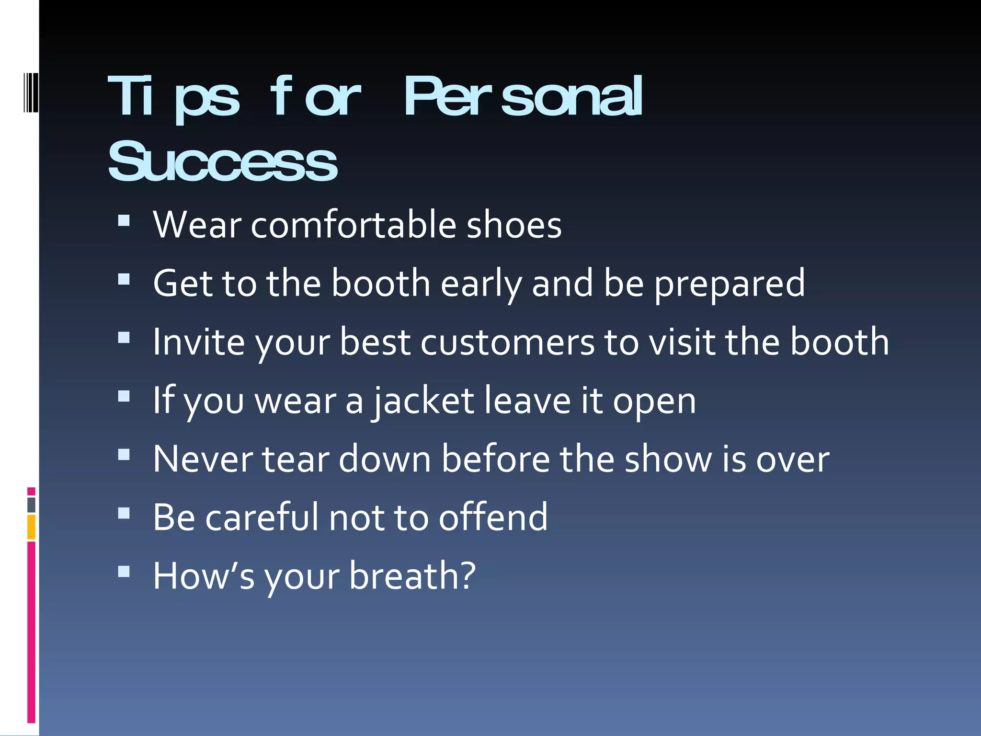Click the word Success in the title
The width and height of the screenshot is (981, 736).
pyautogui.click(x=223, y=162)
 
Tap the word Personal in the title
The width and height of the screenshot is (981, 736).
pyautogui.click(x=523, y=97)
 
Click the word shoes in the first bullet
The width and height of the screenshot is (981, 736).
pyautogui.click(x=513, y=225)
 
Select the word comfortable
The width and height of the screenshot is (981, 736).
pyautogui.click(x=353, y=225)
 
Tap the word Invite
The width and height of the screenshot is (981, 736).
pyautogui.click(x=198, y=342)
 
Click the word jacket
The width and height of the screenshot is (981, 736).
pyautogui.click(x=423, y=402)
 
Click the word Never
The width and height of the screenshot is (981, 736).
pyautogui.click(x=203, y=459)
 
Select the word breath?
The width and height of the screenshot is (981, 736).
pyautogui.click(x=412, y=576)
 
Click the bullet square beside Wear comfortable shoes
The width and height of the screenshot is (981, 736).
pyautogui.click(x=124, y=220)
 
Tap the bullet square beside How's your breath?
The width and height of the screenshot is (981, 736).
pyautogui.click(x=124, y=571)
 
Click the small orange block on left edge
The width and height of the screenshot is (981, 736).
pyautogui.click(x=31, y=527)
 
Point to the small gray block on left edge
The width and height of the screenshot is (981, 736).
pyautogui.click(x=31, y=505)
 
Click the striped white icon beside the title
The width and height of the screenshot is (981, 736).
pyautogui.click(x=31, y=92)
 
